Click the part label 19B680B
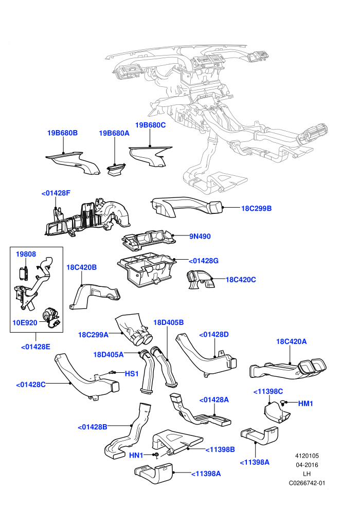coord(62,133)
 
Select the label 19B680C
coord(150,125)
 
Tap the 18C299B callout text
coord(256,208)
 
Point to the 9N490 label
coord(200,237)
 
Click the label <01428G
coord(204,261)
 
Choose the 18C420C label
coord(241,280)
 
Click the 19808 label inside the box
coord(26,254)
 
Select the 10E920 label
coord(25,323)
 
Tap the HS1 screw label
coord(132,374)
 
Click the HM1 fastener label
coord(305,404)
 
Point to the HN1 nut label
coord(136,456)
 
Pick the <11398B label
coord(220,449)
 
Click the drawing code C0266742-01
coord(307,483)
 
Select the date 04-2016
coord(307,465)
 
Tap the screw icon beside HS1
coord(112,372)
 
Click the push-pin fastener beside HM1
coord(283,403)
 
